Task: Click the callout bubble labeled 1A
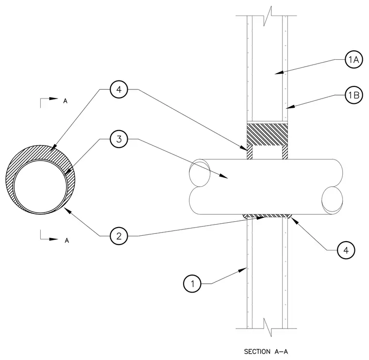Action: point(353,60)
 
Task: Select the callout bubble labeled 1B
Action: point(353,95)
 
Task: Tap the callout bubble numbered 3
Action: point(119,139)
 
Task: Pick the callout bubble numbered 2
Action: point(119,236)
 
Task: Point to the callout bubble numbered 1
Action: point(192,283)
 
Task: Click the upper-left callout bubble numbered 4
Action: point(119,89)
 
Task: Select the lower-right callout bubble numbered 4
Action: point(346,250)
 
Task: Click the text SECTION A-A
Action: point(266,352)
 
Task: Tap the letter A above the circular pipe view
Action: point(66,101)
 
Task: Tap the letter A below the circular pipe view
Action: point(67,241)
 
